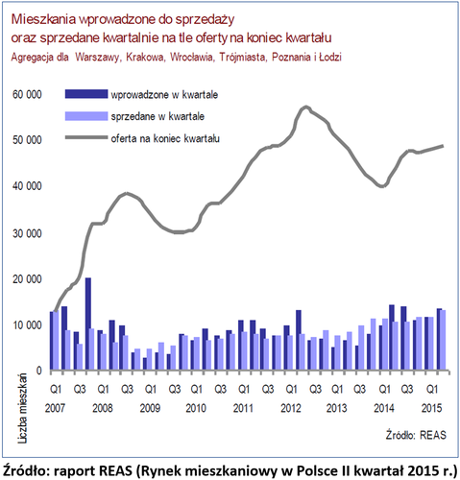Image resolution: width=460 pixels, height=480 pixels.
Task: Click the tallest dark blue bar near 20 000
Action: tap(88, 324)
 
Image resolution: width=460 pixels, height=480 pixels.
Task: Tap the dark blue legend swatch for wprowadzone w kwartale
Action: tap(86, 94)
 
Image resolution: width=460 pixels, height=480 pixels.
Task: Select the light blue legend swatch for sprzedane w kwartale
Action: tap(86, 116)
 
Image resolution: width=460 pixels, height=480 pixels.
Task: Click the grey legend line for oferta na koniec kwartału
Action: tap(86, 137)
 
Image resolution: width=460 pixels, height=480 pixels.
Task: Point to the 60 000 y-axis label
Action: tap(27, 95)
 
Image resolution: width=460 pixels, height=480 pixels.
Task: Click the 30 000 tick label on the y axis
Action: tap(27, 233)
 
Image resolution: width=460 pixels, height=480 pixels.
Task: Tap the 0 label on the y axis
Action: tap(38, 371)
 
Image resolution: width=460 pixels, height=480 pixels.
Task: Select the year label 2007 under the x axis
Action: tap(55, 408)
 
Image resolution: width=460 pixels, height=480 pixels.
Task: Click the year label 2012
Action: tap(291, 408)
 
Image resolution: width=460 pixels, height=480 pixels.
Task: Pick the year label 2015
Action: tap(431, 408)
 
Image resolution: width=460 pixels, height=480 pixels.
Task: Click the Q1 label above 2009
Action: tap(150, 389)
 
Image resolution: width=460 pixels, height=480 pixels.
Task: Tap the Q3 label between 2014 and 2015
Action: tap(407, 389)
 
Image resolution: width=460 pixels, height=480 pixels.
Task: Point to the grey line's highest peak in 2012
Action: tap(306, 107)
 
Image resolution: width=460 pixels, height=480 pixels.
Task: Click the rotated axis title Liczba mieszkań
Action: tap(23, 408)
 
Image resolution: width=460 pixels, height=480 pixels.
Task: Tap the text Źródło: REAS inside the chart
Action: tap(416, 435)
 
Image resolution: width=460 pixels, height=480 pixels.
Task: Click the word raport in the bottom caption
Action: tap(71, 470)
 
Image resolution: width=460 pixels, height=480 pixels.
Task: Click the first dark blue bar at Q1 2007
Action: tap(52, 341)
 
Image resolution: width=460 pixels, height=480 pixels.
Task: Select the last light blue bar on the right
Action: tap(443, 340)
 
